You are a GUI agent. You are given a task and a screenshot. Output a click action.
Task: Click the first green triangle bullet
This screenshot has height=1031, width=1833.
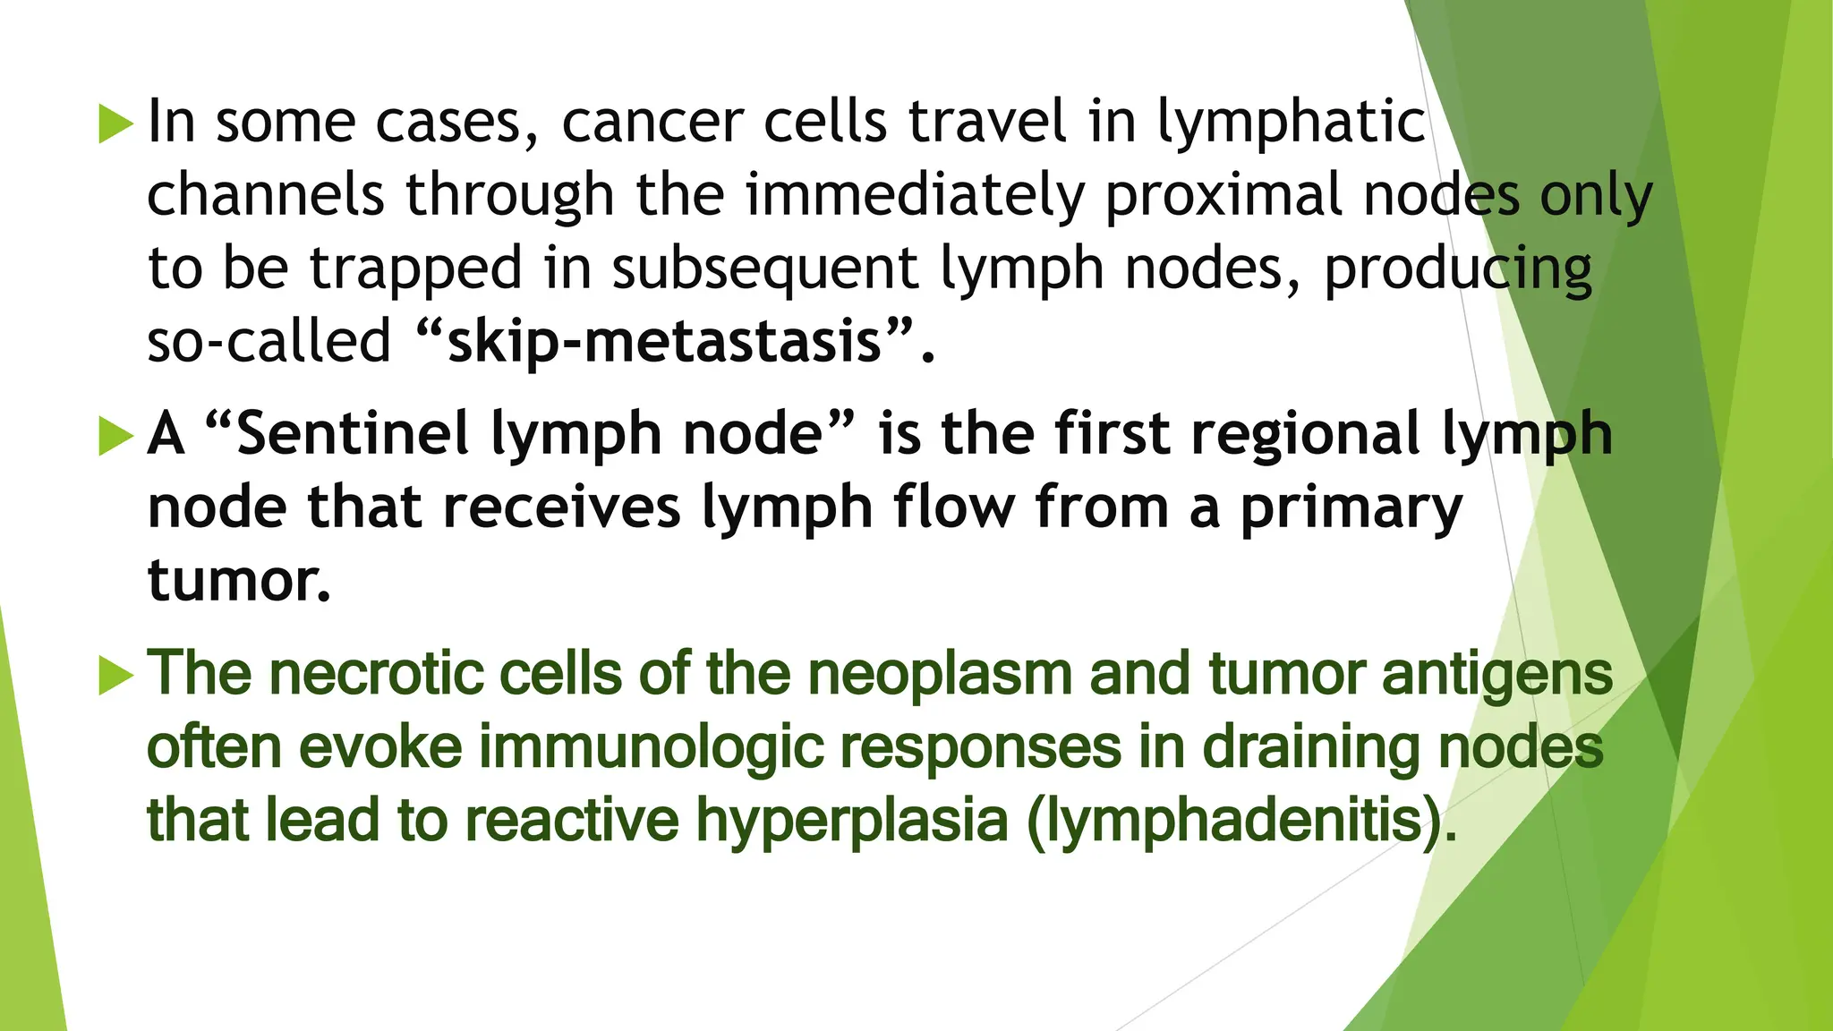point(115,124)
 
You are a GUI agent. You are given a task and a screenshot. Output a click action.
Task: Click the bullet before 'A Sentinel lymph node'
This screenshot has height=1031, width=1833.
point(115,436)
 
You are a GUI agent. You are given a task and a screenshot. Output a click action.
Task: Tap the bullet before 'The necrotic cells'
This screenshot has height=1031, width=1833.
point(115,676)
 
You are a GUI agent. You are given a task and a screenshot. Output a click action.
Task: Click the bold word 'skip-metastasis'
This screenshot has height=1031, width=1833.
point(664,342)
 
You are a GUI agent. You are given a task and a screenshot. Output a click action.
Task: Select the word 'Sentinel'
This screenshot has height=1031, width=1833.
point(353,434)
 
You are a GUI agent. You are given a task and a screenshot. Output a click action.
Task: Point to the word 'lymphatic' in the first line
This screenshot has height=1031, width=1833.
point(1292,124)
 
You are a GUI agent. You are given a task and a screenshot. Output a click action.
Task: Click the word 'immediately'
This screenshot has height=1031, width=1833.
point(915,196)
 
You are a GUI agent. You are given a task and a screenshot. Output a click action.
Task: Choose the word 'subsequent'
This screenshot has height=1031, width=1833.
point(765,269)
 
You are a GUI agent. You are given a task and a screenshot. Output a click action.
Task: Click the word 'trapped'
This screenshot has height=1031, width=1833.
point(415,269)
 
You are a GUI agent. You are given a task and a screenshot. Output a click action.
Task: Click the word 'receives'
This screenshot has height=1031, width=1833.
point(561,507)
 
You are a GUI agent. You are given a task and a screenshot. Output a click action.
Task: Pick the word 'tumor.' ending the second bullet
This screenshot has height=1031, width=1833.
point(239,581)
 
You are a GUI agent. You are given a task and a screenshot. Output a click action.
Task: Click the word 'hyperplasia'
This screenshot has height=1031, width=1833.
point(852,822)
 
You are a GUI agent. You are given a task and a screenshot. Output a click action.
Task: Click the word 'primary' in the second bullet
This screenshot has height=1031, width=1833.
point(1351,509)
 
